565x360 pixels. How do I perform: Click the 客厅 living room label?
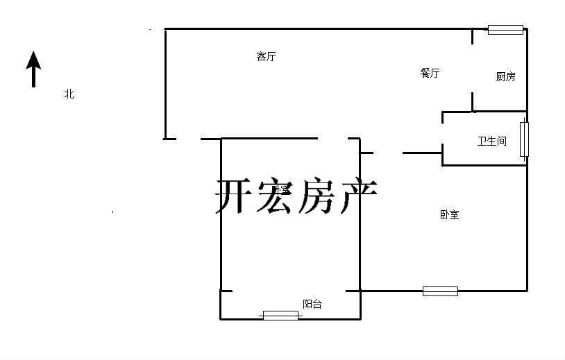[266, 57]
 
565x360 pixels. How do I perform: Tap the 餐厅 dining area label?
[430, 73]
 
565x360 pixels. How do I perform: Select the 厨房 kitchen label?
[505, 76]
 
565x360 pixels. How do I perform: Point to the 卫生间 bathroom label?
[491, 141]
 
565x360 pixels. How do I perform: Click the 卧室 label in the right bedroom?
[449, 215]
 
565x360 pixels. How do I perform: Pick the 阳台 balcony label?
[312, 304]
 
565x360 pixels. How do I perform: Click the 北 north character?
[69, 94]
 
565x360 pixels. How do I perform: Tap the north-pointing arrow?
[33, 69]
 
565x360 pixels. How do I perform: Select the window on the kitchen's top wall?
[505, 29]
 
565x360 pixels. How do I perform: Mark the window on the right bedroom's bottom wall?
[440, 291]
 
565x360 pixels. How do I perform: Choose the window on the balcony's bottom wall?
[280, 316]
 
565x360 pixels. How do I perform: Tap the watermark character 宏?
[274, 197]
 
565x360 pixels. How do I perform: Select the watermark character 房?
[316, 197]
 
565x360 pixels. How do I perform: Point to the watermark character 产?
[357, 197]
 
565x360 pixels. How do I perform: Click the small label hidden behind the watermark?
[280, 189]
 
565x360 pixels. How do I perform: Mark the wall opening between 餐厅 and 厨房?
[473, 69]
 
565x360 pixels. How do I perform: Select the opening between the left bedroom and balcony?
[289, 291]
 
